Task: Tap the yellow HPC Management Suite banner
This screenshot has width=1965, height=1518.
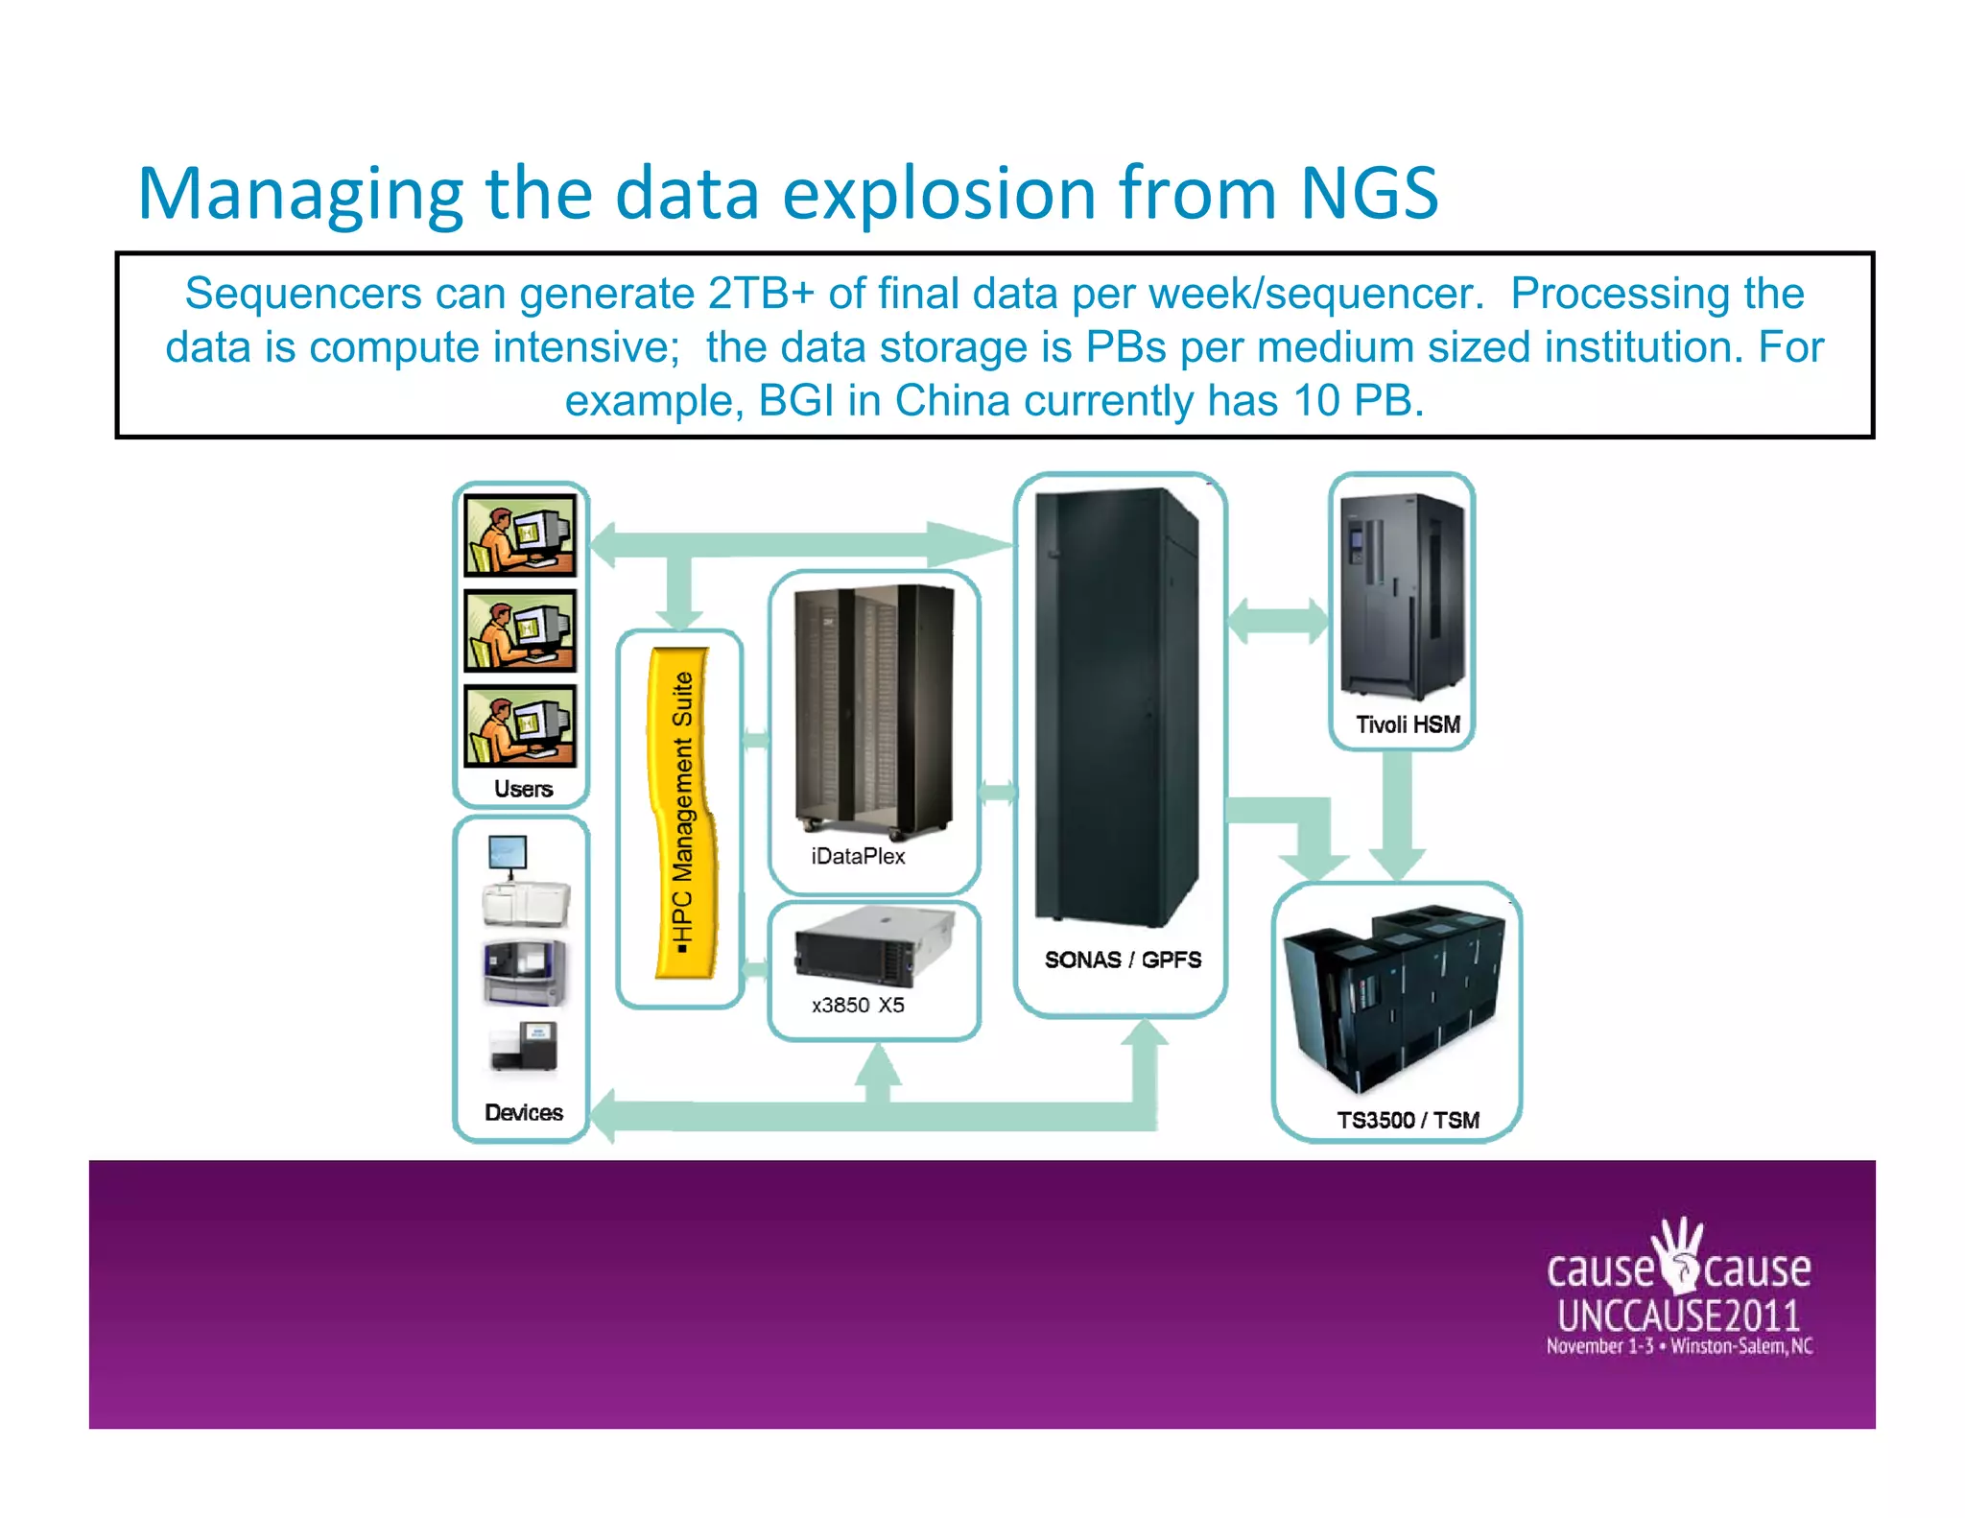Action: pyautogui.click(x=683, y=814)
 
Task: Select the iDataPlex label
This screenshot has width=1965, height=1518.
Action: pyautogui.click(x=858, y=857)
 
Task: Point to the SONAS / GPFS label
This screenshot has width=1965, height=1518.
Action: pyautogui.click(x=1123, y=960)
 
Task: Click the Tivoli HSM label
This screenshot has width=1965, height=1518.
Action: pyautogui.click(x=1408, y=724)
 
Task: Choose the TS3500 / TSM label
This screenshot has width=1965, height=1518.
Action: pyautogui.click(x=1408, y=1120)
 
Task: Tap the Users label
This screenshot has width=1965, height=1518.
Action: pyautogui.click(x=523, y=789)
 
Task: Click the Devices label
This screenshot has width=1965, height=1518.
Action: pyautogui.click(x=523, y=1112)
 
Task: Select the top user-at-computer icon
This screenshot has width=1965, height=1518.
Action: pyautogui.click(x=520, y=534)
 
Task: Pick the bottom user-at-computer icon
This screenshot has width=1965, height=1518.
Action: pyautogui.click(x=520, y=725)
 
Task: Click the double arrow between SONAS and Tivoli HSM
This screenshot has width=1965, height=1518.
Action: pyautogui.click(x=1278, y=621)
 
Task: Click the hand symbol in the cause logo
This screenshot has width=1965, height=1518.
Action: pyautogui.click(x=1680, y=1253)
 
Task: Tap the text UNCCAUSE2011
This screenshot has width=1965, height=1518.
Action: pyautogui.click(x=1678, y=1316)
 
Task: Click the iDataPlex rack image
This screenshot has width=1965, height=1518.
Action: pyautogui.click(x=873, y=710)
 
